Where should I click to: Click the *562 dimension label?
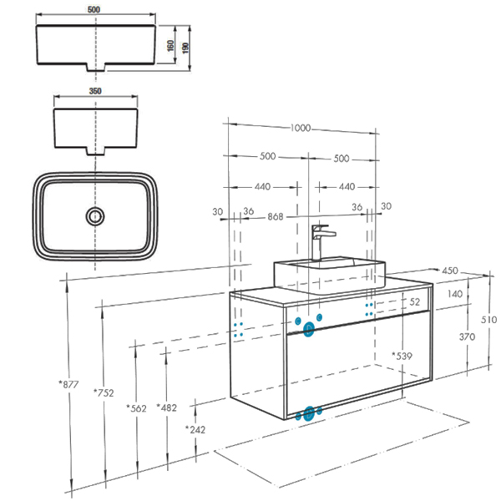(x=136, y=408)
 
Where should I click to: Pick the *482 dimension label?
(x=168, y=407)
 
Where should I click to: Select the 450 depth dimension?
(x=450, y=271)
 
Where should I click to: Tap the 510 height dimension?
(x=489, y=319)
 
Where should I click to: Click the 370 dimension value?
(x=467, y=337)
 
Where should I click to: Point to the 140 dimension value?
(x=455, y=294)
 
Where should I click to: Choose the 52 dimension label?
(x=414, y=301)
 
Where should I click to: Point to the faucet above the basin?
(x=320, y=241)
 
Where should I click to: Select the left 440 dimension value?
(x=262, y=187)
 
